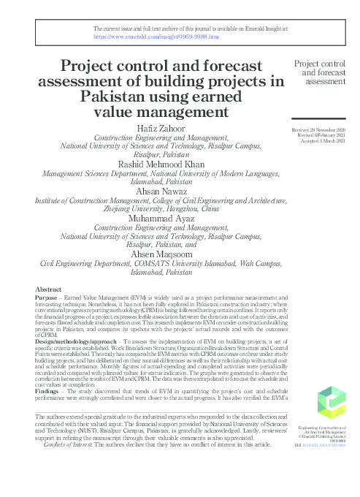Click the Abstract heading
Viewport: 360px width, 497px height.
pos(49,290)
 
